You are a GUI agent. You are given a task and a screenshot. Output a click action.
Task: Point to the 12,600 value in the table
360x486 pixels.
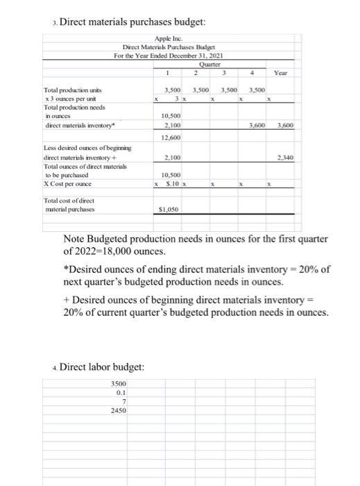[171, 137]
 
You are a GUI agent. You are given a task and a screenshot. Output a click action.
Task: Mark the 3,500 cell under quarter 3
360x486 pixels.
[231, 90]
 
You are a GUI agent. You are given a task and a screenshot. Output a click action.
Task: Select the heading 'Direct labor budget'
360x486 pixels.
[103, 367]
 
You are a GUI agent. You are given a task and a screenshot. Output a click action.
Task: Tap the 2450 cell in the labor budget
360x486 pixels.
[118, 410]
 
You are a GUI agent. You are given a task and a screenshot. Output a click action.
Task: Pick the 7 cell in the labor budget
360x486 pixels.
[122, 401]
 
